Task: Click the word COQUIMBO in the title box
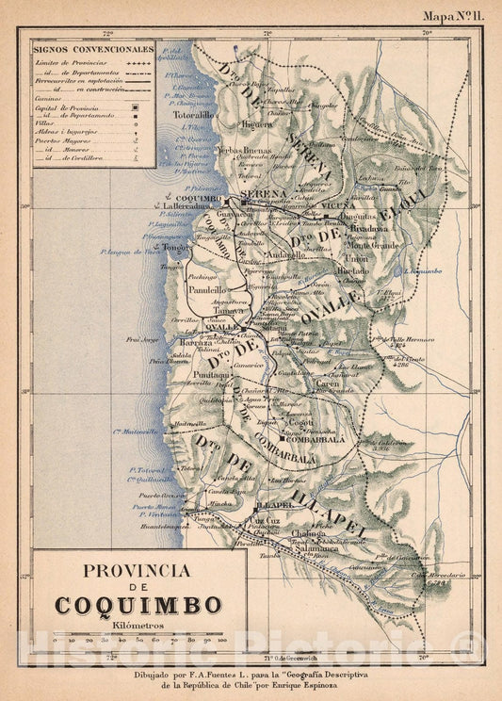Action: click(138, 604)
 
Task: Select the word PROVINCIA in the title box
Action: click(138, 570)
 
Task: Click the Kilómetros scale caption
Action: click(138, 625)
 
